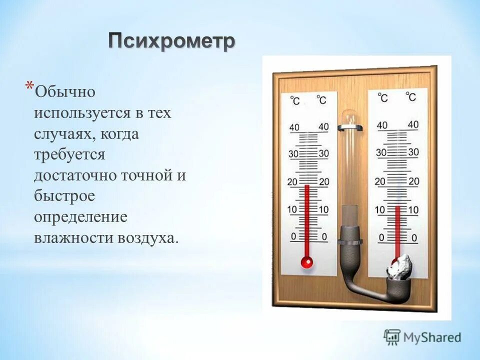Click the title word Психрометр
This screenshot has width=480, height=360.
171,41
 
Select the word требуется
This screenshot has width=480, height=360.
69,154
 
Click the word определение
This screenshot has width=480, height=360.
80,217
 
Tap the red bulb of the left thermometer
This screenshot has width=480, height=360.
306,261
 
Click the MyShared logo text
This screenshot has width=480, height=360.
432,337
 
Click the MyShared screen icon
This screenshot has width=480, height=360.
392,336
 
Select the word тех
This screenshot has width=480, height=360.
158,113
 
